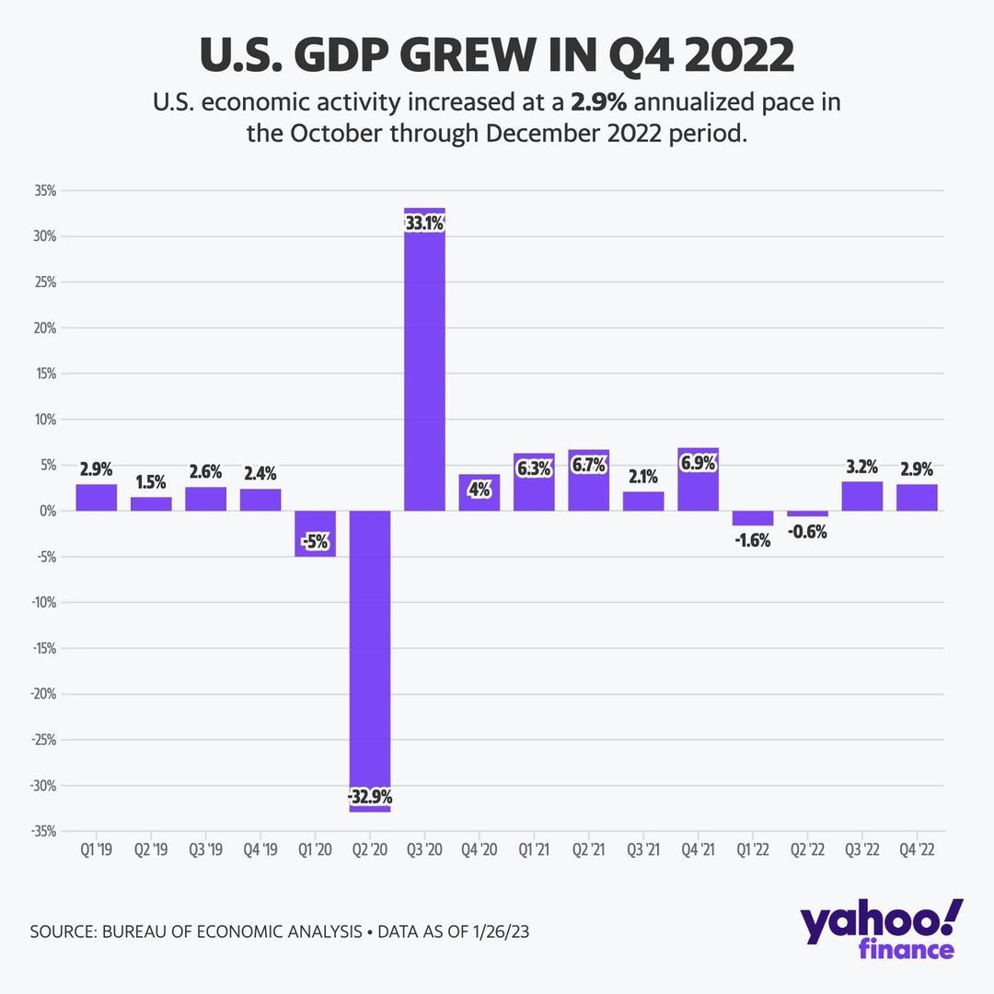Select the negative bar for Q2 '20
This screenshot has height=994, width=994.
tap(370, 644)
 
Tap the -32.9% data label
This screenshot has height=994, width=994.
tap(370, 796)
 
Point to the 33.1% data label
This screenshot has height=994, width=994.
tap(424, 224)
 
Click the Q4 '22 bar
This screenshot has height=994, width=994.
tap(917, 498)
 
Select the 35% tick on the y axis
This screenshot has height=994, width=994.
tap(45, 191)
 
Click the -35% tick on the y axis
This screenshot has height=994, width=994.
tap(43, 832)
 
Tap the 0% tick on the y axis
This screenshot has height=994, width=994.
tap(48, 511)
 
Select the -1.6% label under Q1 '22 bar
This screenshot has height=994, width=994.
tap(753, 540)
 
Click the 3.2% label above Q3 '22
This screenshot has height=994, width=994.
tap(862, 467)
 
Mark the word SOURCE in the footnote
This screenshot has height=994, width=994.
tap(65, 932)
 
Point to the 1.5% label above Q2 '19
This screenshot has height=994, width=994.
tap(151, 482)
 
